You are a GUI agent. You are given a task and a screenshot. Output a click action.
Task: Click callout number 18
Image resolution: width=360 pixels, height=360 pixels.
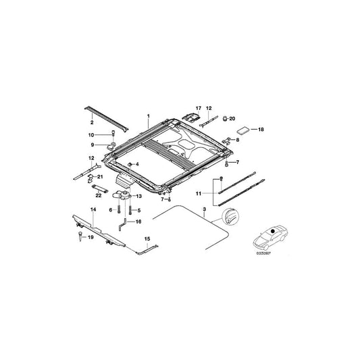[262, 128]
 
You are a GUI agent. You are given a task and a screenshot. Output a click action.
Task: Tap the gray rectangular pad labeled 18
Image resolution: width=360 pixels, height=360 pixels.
[243, 127]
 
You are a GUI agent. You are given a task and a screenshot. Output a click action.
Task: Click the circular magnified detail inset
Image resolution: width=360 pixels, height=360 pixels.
[230, 217]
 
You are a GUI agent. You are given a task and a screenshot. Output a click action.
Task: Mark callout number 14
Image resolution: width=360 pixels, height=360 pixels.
[93, 210]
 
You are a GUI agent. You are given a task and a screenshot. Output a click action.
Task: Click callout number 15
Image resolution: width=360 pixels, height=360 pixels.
[149, 238]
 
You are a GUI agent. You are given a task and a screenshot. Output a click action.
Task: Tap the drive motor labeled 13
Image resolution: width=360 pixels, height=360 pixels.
[126, 196]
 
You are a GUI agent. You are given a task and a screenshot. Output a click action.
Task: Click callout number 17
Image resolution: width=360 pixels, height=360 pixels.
[199, 108]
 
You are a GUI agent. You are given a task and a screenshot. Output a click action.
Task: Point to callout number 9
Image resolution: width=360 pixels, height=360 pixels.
[94, 144]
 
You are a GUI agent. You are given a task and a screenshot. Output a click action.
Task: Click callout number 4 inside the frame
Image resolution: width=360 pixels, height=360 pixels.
[138, 164]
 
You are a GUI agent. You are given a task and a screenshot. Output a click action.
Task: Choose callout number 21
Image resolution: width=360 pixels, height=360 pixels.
[101, 177]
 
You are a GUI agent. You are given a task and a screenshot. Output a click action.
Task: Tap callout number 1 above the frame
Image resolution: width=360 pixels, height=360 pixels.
[147, 116]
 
